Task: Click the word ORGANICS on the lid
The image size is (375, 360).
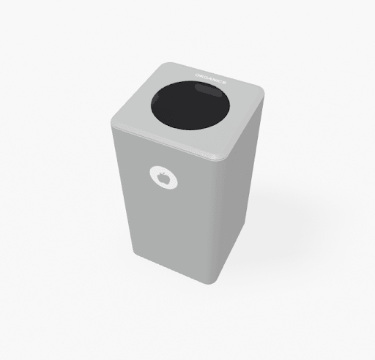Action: coord(210,78)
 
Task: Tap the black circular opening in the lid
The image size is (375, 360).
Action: coord(190,105)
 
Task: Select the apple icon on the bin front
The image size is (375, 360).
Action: coord(163,177)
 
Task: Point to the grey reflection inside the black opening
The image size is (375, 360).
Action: coord(207,89)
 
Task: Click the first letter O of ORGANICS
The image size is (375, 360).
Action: coord(197,75)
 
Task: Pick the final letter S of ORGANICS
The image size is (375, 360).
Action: coord(224,83)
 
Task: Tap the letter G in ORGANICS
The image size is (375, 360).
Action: coord(205,77)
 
